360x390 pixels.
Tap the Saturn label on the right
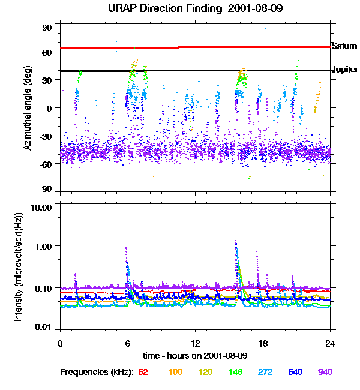pyautogui.click(x=344, y=46)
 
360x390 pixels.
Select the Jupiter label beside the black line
pyautogui.click(x=344, y=70)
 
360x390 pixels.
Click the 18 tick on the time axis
pyautogui.click(x=262, y=343)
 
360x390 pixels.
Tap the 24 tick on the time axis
pyautogui.click(x=329, y=343)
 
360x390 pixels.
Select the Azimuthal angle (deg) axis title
pyautogui.click(x=27, y=109)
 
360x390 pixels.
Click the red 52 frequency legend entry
pyautogui.click(x=143, y=373)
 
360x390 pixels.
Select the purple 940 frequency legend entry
pyautogui.click(x=325, y=373)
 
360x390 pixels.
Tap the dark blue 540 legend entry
pyautogui.click(x=295, y=373)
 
